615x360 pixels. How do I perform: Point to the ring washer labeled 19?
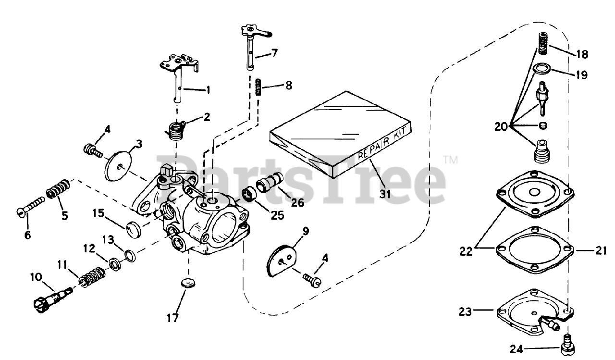[x=542, y=68]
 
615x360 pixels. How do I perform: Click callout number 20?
[x=501, y=126]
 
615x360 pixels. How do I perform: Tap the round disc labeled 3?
[x=119, y=165]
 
